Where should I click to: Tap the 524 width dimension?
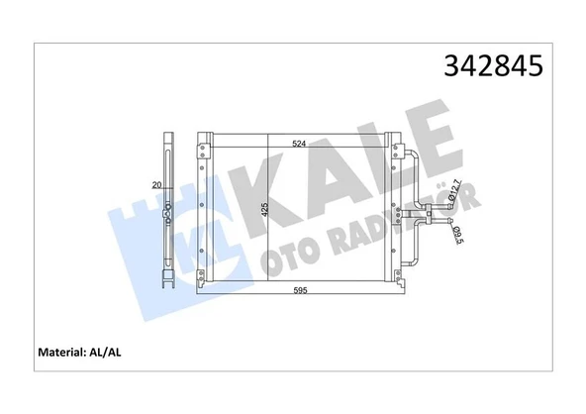298,145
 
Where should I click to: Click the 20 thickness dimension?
155,185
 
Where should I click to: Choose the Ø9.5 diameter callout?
457,236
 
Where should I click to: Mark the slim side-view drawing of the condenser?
169,208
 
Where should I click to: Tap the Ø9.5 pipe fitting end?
437,227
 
